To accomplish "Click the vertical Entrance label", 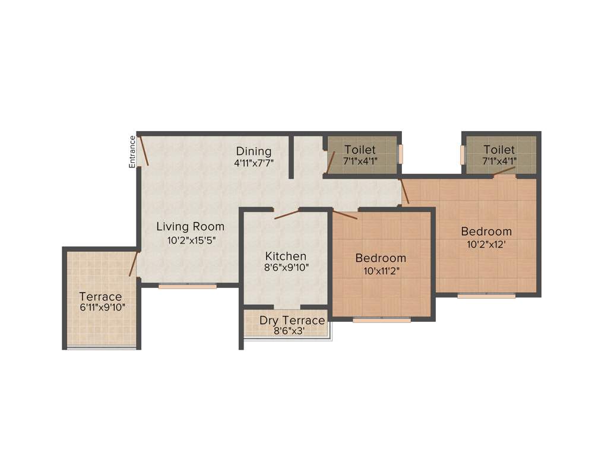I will [132, 152].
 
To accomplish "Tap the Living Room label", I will [190, 226].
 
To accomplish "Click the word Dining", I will [254, 151].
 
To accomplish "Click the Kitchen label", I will [286, 256].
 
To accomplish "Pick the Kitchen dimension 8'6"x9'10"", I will [286, 268].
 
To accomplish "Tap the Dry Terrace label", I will [292, 321].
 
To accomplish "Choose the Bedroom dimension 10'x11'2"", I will [381, 271].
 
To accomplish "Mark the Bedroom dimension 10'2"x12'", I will [486, 244].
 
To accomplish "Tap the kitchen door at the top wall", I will [286, 214].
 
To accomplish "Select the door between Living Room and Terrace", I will [134, 264].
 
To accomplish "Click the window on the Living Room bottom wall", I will [187, 286].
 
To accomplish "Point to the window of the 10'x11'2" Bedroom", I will [381, 320].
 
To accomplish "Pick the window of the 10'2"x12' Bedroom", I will [486, 295].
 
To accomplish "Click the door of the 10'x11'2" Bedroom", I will [344, 215].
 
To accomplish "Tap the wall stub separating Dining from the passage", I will [292, 156].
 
